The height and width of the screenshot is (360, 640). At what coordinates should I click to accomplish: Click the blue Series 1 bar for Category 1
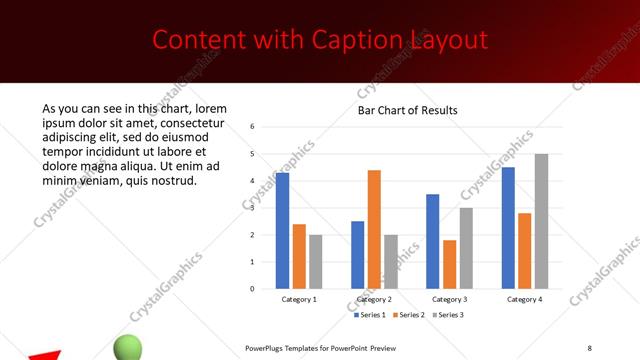283,230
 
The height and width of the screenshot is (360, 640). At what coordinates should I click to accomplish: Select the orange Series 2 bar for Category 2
374,229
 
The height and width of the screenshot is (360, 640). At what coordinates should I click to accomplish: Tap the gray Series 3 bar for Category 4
541,221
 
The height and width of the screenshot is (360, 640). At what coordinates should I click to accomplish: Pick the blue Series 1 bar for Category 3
432,241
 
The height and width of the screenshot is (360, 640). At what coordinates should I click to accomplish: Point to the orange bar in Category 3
449,264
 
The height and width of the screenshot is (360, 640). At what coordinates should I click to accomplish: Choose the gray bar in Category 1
316,261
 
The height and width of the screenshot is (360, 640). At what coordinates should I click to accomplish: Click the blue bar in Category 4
508,227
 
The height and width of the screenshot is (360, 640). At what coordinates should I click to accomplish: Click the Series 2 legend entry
411,315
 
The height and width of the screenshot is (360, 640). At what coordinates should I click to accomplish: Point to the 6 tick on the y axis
253,127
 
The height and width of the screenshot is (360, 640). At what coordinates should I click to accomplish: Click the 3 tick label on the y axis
253,208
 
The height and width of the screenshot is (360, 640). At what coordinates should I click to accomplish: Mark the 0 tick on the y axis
253,289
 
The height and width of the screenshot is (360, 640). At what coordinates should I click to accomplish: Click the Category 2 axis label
374,299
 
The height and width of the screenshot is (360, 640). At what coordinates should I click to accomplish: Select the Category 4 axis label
524,299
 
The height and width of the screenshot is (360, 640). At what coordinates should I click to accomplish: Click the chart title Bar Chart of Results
408,110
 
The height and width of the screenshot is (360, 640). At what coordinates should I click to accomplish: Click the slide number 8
590,348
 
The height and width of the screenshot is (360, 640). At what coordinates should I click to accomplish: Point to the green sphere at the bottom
128,347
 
